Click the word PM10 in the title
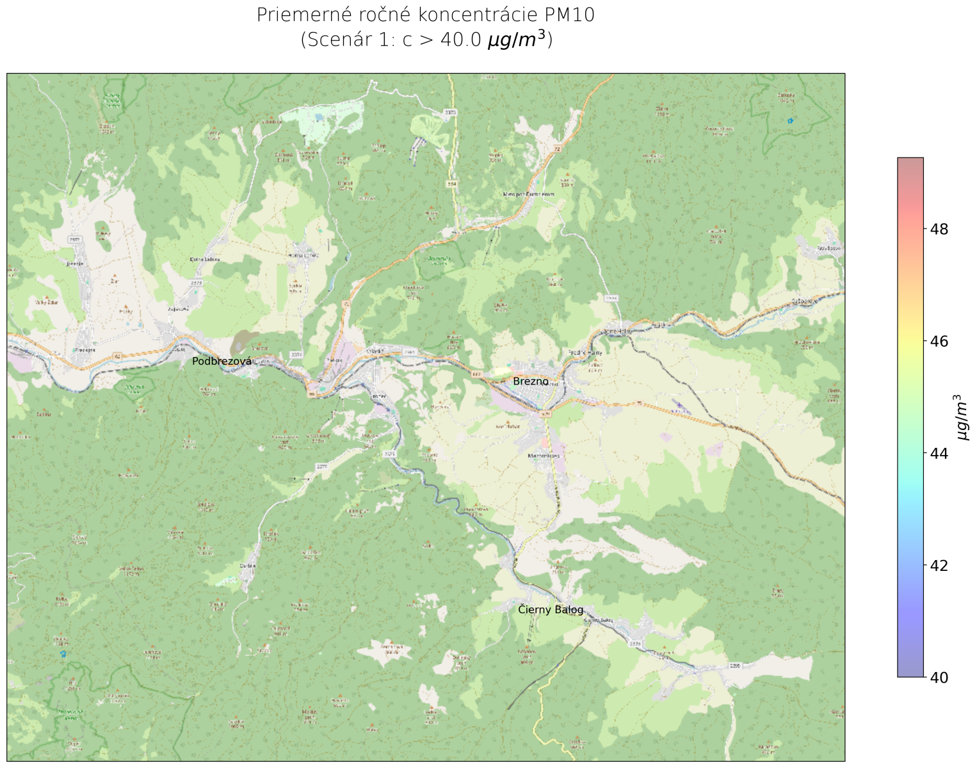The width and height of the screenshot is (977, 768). click(x=570, y=15)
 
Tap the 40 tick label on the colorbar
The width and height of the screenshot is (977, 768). click(x=939, y=677)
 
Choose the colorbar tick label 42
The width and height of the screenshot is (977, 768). click(x=939, y=565)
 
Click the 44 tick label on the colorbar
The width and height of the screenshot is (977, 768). click(x=939, y=453)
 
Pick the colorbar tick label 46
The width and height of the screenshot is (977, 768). click(x=939, y=341)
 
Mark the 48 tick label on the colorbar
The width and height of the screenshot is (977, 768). click(x=939, y=229)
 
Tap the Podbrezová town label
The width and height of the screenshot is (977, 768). click(x=222, y=362)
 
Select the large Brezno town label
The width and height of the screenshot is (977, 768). click(x=531, y=381)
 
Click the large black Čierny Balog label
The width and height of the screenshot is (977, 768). click(x=551, y=610)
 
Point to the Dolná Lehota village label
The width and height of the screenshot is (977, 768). click(x=205, y=259)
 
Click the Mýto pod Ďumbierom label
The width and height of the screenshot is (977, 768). click(x=528, y=194)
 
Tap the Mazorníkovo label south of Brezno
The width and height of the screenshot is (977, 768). click(x=544, y=456)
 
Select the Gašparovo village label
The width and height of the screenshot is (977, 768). click(x=804, y=300)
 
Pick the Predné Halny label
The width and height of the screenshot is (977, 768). click(x=585, y=353)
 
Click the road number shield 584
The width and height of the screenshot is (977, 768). click(x=452, y=184)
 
